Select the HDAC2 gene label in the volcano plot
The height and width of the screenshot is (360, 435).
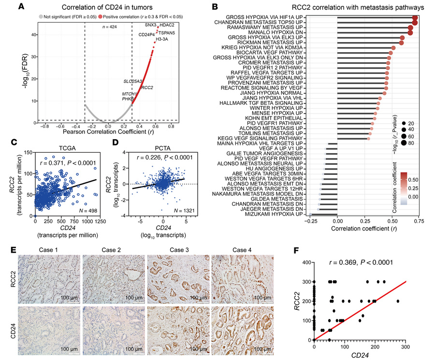(x=167, y=25)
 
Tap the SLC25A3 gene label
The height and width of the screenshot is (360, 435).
(x=132, y=81)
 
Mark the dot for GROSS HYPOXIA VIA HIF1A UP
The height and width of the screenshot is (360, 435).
(x=415, y=18)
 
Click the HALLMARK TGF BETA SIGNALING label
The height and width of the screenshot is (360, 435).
(x=261, y=103)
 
